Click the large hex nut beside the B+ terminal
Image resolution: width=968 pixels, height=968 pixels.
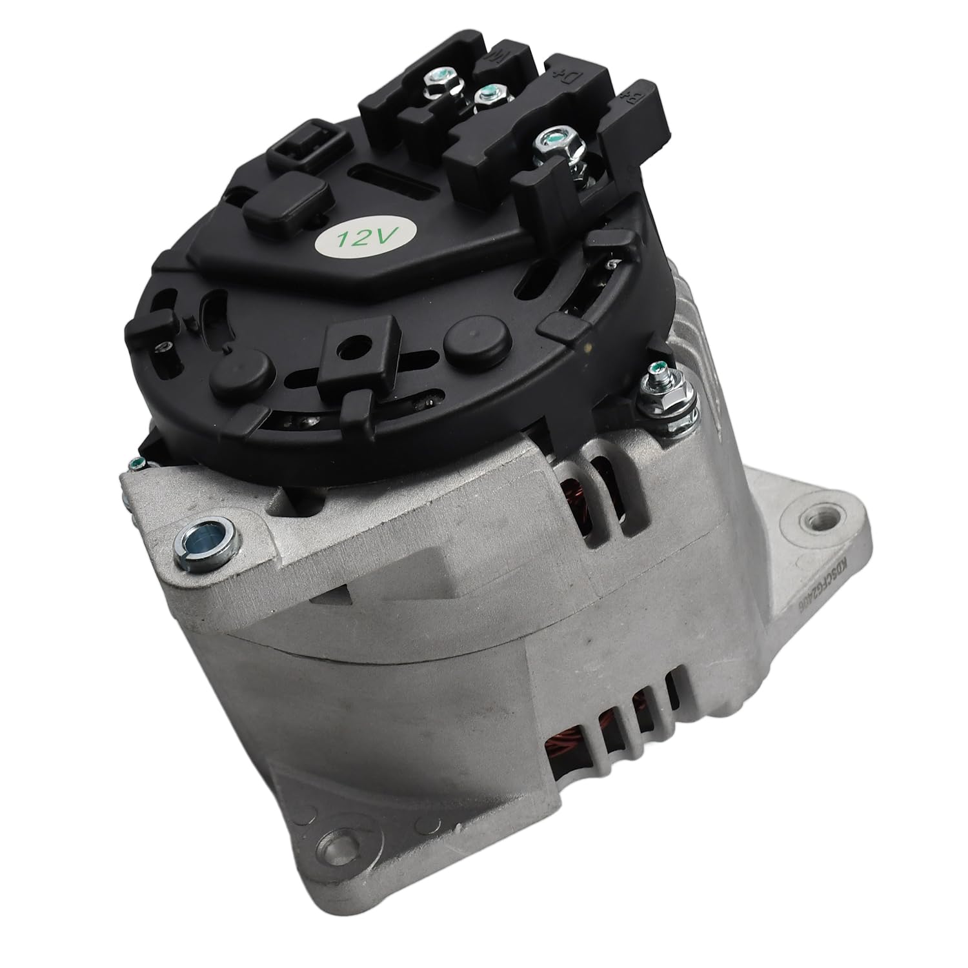point(550,140)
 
